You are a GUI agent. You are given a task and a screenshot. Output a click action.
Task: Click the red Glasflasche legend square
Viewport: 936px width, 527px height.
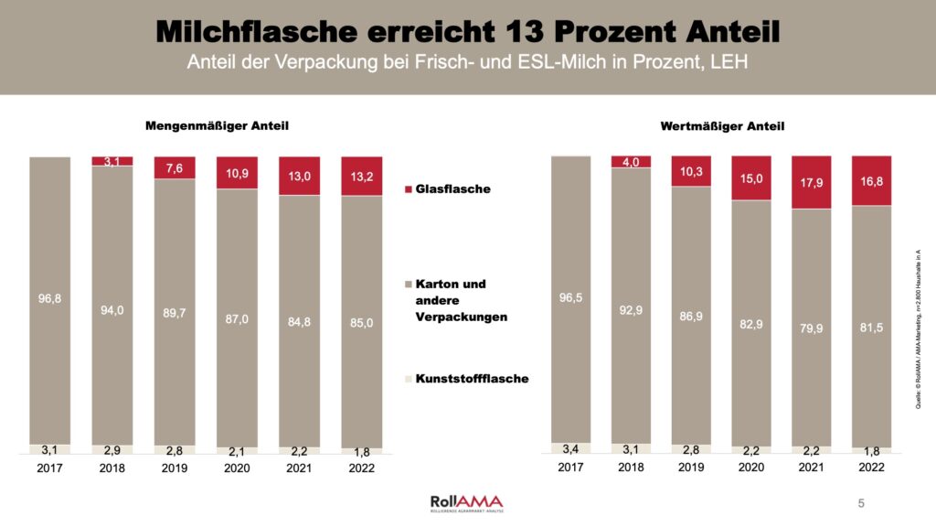pos(409,189)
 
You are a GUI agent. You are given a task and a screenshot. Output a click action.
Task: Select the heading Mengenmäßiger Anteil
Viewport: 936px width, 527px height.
pos(211,125)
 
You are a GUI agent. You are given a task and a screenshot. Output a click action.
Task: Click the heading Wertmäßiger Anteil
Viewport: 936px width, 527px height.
pos(722,126)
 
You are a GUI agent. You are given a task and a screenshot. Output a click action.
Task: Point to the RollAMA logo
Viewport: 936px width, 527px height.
pos(466,502)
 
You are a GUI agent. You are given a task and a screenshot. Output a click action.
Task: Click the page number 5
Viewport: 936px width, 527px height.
pos(860,503)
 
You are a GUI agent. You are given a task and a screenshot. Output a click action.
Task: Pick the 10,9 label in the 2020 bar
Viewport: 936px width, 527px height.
pos(237,173)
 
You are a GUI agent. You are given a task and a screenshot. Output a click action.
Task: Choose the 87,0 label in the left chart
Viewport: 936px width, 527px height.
pos(237,317)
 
